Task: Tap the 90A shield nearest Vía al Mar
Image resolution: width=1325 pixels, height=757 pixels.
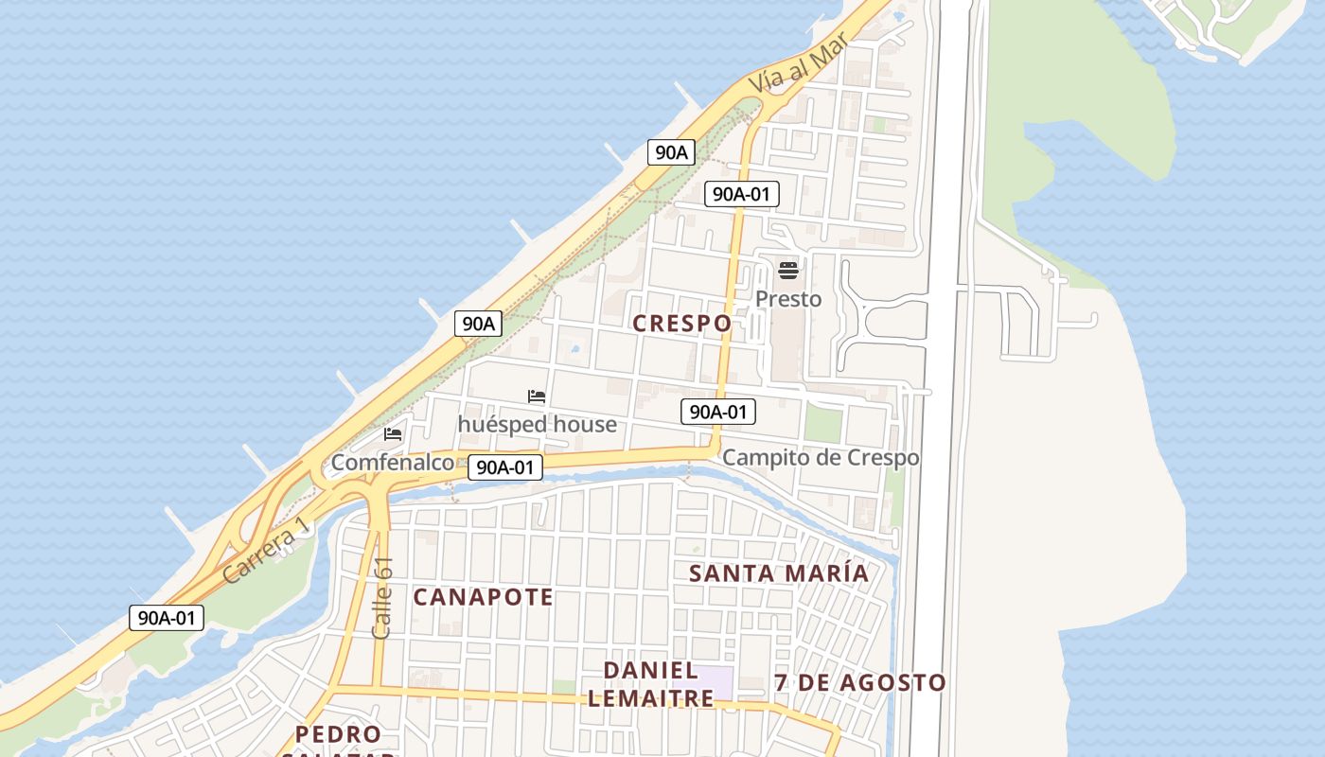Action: pyautogui.click(x=671, y=151)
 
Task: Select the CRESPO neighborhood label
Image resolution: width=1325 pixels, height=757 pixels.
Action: pyautogui.click(x=681, y=323)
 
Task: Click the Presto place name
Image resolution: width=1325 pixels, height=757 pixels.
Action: pyautogui.click(x=788, y=299)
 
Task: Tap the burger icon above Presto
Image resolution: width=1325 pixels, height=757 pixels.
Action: pyautogui.click(x=788, y=272)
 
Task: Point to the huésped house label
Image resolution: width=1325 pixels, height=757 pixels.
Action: pyautogui.click(x=537, y=424)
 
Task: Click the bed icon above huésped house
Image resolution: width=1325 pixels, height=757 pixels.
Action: pyautogui.click(x=537, y=396)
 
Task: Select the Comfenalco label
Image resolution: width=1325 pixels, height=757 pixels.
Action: pyautogui.click(x=392, y=463)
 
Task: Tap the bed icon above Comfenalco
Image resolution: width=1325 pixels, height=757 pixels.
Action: pyautogui.click(x=393, y=434)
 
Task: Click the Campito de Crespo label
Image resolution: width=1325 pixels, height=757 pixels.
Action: pyautogui.click(x=821, y=458)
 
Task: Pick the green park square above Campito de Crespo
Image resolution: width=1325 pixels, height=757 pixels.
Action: pyautogui.click(x=822, y=424)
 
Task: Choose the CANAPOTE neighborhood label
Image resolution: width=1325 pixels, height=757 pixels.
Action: pyautogui.click(x=484, y=597)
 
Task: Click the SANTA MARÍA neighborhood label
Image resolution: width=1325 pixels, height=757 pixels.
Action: pyautogui.click(x=779, y=573)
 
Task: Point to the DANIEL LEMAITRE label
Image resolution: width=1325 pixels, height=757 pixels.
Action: pyautogui.click(x=650, y=684)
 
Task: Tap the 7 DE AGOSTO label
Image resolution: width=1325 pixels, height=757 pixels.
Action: pyautogui.click(x=859, y=682)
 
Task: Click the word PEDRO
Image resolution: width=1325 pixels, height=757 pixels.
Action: pyautogui.click(x=338, y=734)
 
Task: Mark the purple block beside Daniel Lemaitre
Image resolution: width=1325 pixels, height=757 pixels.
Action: pyautogui.click(x=716, y=679)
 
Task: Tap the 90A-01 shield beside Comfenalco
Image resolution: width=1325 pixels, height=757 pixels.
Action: pyautogui.click(x=505, y=467)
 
